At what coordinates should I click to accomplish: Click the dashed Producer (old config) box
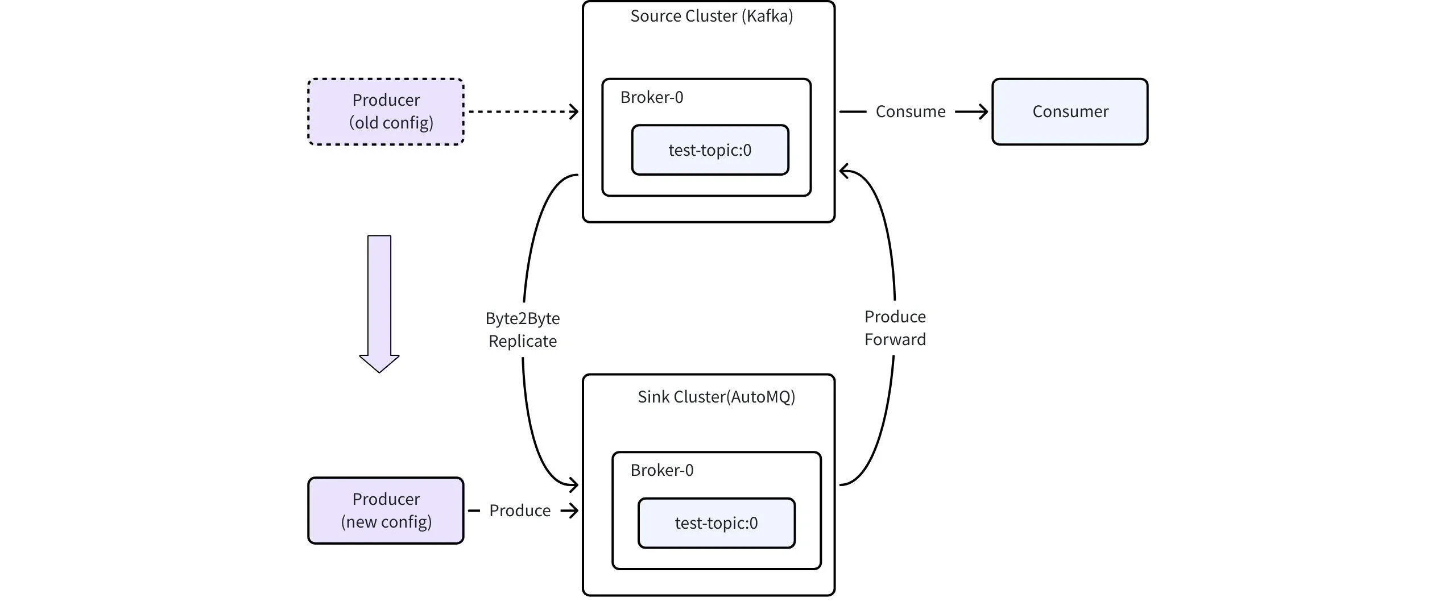(x=386, y=111)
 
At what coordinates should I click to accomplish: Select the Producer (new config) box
(x=386, y=510)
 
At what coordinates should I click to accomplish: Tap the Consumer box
(x=1070, y=111)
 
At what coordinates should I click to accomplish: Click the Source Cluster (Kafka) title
(x=711, y=16)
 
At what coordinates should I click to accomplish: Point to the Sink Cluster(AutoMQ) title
(x=716, y=397)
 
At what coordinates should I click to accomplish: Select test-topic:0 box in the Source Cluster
(x=710, y=150)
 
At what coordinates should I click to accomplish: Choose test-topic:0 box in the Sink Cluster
(x=716, y=523)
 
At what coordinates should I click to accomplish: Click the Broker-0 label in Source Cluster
(x=652, y=97)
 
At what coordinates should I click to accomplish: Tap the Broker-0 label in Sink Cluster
(x=662, y=470)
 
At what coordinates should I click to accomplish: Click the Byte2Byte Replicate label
(x=522, y=330)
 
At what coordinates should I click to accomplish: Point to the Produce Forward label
(x=895, y=328)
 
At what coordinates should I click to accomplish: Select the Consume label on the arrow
(x=910, y=111)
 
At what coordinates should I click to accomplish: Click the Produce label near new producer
(x=519, y=511)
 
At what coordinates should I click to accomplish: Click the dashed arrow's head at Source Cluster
(x=574, y=111)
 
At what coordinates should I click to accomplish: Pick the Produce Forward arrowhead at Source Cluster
(x=845, y=171)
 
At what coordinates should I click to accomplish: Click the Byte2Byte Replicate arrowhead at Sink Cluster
(x=573, y=485)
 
